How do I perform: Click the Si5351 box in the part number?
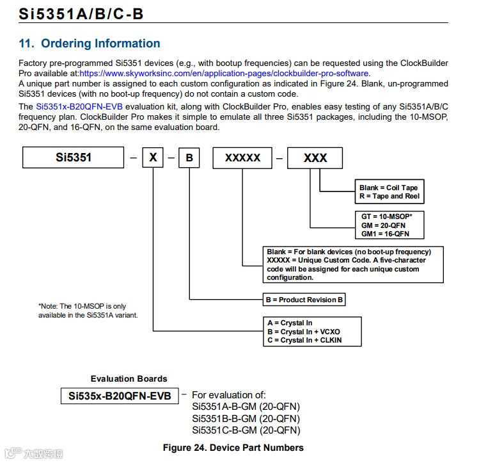(x=73, y=157)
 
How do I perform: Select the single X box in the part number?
(x=152, y=158)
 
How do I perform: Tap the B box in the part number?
(x=189, y=158)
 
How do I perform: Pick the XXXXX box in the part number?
(x=242, y=158)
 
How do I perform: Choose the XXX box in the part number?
(x=315, y=158)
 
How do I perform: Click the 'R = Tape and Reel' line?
(x=389, y=197)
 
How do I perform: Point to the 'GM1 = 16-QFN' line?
(x=385, y=234)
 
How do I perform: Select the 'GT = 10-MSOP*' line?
(x=387, y=216)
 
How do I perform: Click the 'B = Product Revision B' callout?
(x=304, y=299)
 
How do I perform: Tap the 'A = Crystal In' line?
(x=290, y=323)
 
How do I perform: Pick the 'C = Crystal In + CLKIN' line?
(x=304, y=340)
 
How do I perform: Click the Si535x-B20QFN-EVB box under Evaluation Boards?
(x=120, y=396)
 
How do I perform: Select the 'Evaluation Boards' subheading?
(x=129, y=379)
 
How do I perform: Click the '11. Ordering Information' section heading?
(x=90, y=44)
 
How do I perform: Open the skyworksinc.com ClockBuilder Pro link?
(x=224, y=73)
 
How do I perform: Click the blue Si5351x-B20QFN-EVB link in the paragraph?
(x=79, y=106)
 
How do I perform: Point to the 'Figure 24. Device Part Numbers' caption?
(x=233, y=447)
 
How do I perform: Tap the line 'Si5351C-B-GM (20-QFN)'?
(x=246, y=430)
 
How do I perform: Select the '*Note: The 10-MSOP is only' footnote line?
(x=82, y=306)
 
